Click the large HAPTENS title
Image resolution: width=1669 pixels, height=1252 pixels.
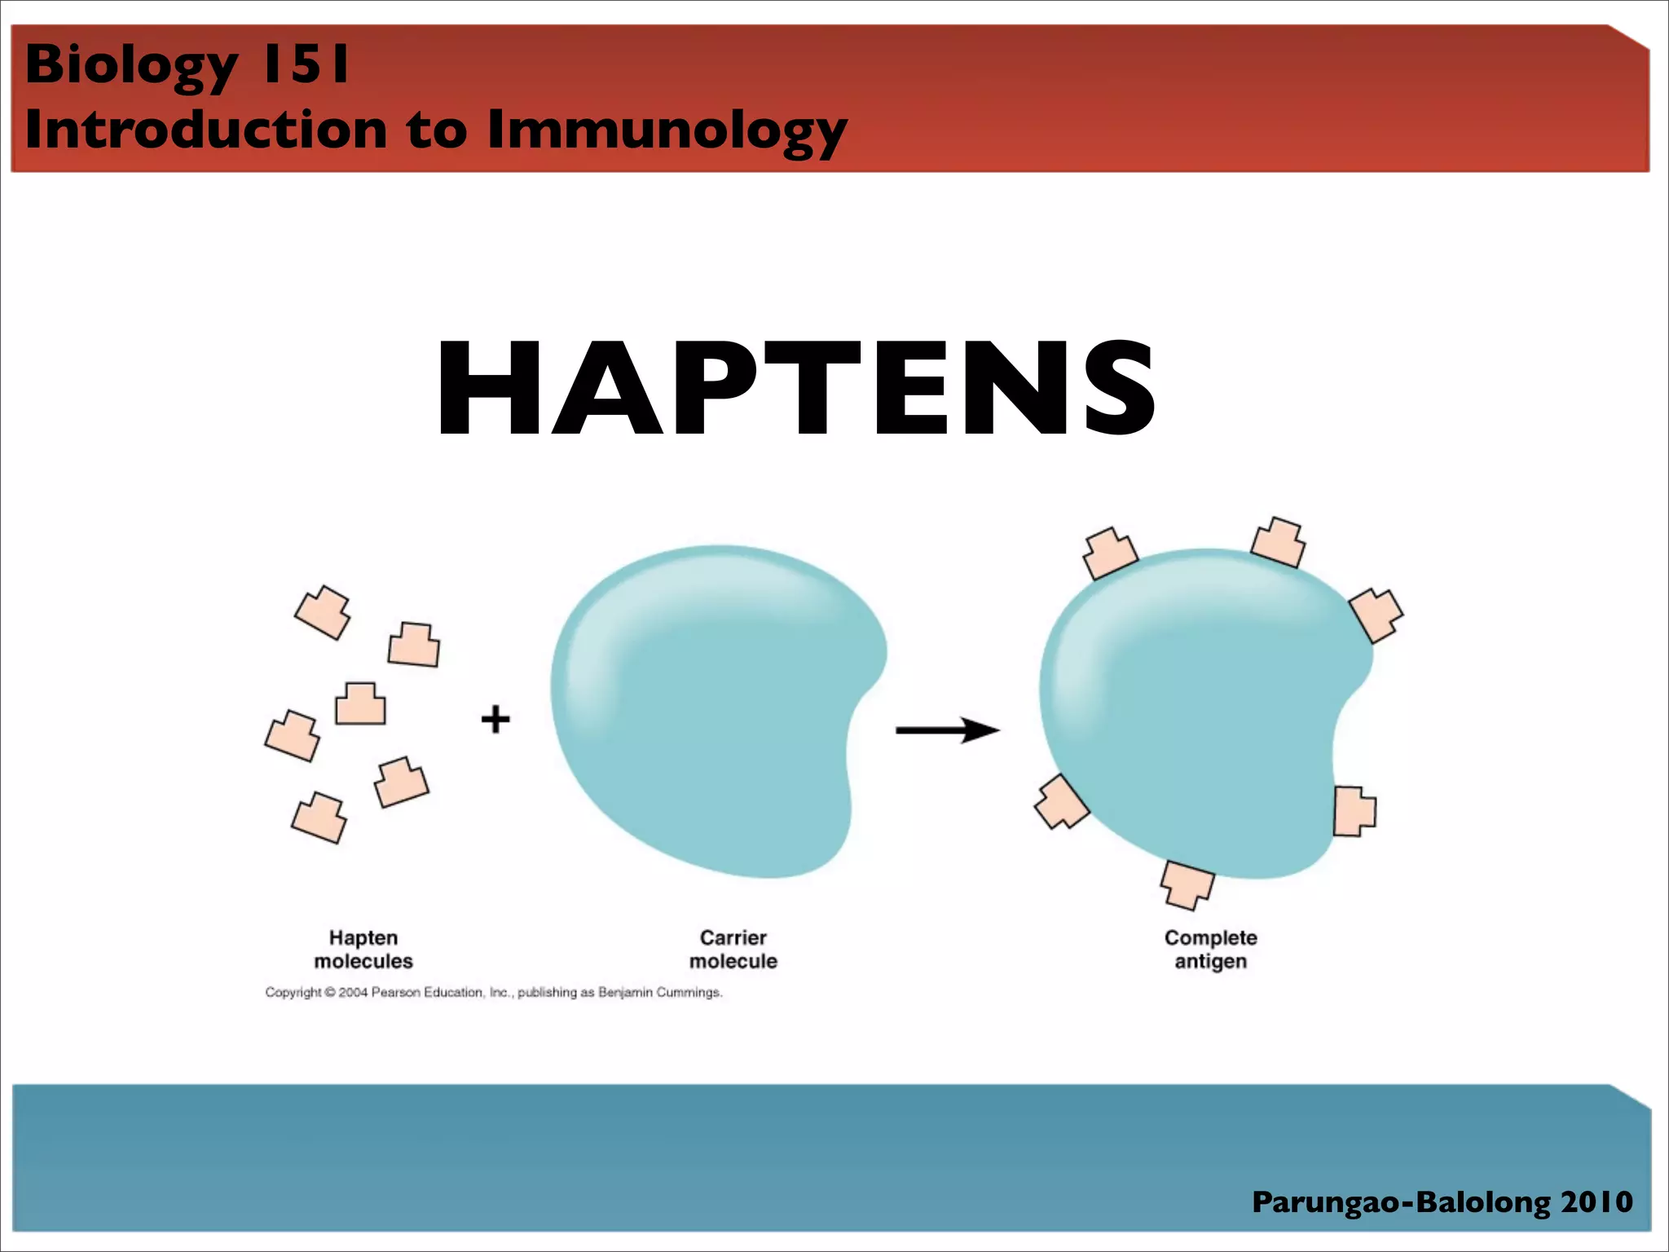click(x=795, y=390)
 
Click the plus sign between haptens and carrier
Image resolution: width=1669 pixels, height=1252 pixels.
click(x=495, y=720)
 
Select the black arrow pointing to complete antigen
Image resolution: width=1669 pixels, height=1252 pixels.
click(x=947, y=730)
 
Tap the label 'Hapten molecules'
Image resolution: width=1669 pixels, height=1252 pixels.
click(x=363, y=949)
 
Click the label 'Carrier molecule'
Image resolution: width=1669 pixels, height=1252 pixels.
click(x=733, y=949)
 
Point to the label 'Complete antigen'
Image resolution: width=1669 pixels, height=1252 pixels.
click(x=1210, y=949)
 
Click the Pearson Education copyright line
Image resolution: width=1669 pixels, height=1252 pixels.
click(x=493, y=992)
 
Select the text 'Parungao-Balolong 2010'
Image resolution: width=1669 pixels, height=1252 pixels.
click(x=1442, y=1201)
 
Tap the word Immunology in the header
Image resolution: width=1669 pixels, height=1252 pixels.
click(x=667, y=130)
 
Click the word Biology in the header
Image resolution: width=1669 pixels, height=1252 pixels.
click(x=130, y=65)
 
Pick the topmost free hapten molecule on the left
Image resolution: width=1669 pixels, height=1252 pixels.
click(x=323, y=612)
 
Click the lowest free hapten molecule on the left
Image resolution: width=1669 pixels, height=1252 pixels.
click(x=319, y=818)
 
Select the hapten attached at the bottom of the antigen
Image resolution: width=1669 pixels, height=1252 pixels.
click(x=1187, y=884)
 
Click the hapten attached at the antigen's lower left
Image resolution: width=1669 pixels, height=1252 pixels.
click(x=1061, y=802)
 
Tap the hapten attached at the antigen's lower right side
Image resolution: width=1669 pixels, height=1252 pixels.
click(x=1354, y=810)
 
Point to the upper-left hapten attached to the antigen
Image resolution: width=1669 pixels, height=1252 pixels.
click(x=1108, y=553)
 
